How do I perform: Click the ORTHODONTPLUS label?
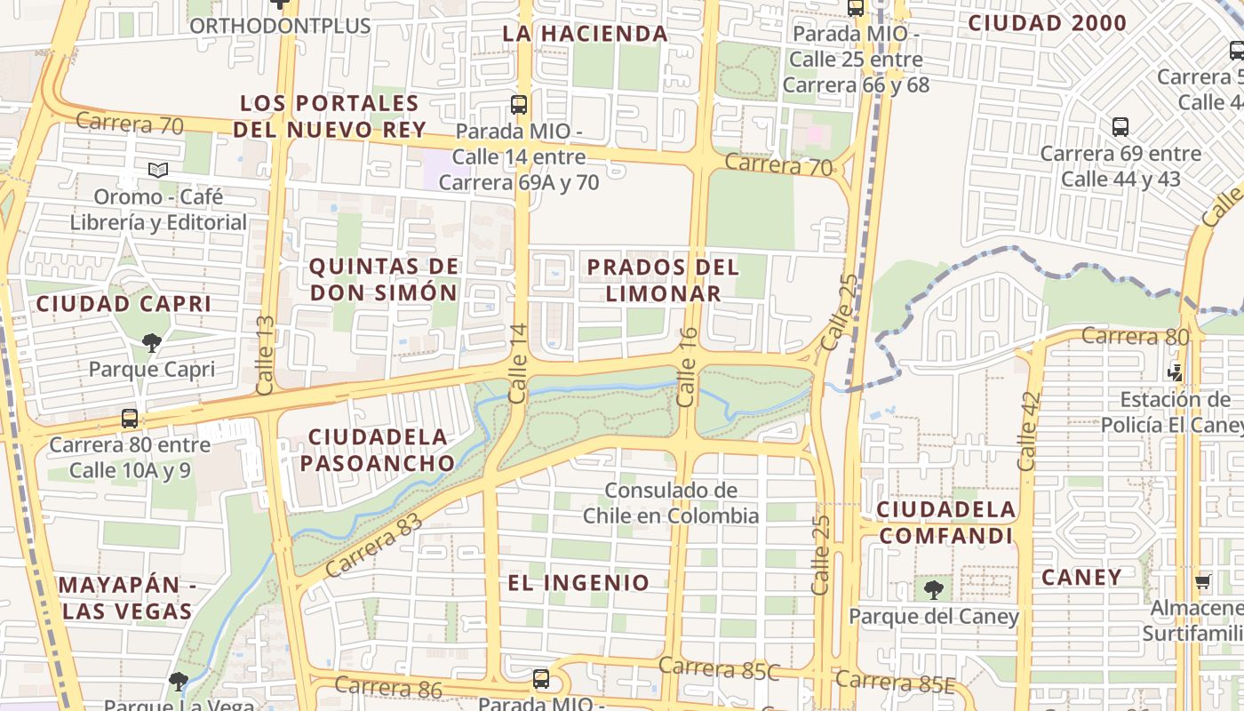(280, 25)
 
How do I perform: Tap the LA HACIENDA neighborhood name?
(585, 34)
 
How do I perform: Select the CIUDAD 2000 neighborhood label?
(1047, 23)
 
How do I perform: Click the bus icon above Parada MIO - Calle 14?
(519, 105)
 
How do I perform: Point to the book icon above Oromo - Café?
(158, 170)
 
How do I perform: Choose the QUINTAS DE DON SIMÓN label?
(384, 279)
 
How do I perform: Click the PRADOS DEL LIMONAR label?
(663, 280)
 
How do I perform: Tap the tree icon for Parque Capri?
(152, 342)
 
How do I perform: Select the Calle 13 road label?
(266, 355)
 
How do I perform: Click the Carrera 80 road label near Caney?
(1122, 336)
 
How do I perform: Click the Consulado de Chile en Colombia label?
(671, 502)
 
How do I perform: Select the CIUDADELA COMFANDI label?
(946, 523)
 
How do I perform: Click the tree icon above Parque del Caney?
(933, 589)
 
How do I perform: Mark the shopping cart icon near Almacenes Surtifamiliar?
(1202, 582)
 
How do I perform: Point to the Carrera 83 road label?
(373, 544)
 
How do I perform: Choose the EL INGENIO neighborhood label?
(578, 583)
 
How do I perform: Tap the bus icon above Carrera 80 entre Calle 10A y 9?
(130, 418)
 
